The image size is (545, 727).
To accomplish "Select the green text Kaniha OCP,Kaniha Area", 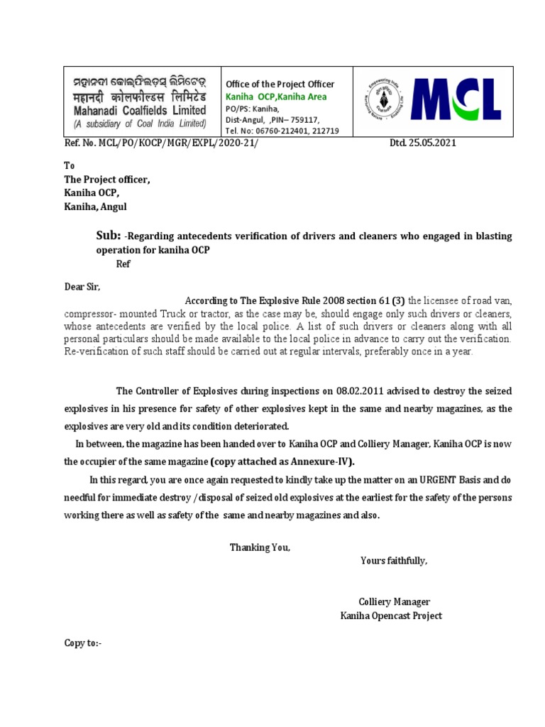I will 276,97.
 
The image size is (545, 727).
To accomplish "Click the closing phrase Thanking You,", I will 260,547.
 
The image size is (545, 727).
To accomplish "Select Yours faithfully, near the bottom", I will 394,560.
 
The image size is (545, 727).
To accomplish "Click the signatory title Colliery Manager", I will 394,601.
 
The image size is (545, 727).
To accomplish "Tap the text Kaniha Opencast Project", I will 391,616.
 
